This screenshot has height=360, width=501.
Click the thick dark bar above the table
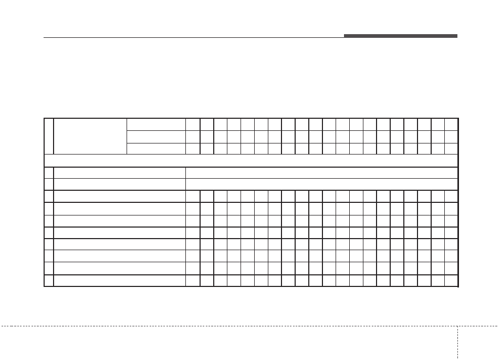click(400, 36)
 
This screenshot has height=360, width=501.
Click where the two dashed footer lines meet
click(457, 326)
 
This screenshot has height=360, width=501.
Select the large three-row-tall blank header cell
click(90, 136)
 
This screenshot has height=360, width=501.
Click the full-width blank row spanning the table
click(251, 160)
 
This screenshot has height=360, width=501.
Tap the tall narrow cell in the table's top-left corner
click(49, 136)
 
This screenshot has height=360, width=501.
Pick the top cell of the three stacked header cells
click(156, 124)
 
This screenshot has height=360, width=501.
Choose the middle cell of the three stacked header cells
click(156, 137)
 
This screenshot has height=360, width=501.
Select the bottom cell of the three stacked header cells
click(156, 148)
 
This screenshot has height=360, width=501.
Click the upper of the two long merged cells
click(321, 173)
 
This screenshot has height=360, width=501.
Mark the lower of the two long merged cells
click(321, 184)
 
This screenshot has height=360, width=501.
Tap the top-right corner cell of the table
click(452, 124)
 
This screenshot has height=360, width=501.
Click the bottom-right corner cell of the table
click(452, 281)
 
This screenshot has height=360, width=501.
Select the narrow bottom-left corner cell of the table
click(49, 281)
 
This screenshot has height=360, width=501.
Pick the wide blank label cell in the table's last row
click(120, 281)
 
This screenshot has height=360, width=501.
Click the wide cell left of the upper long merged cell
click(120, 173)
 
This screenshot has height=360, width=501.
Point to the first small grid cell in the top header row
click(193, 124)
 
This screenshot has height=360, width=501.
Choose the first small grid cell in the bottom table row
click(193, 281)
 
